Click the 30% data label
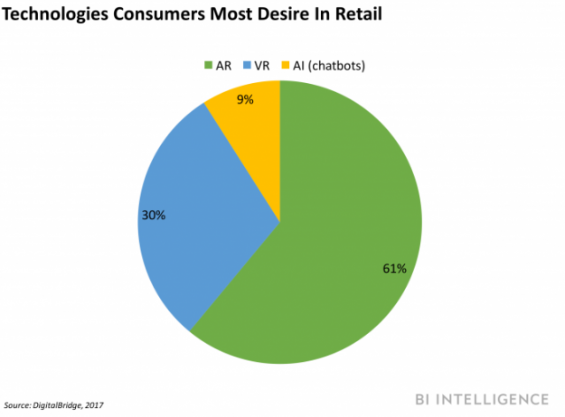click(x=152, y=216)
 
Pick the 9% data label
click(x=245, y=100)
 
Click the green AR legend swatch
click(x=207, y=65)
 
